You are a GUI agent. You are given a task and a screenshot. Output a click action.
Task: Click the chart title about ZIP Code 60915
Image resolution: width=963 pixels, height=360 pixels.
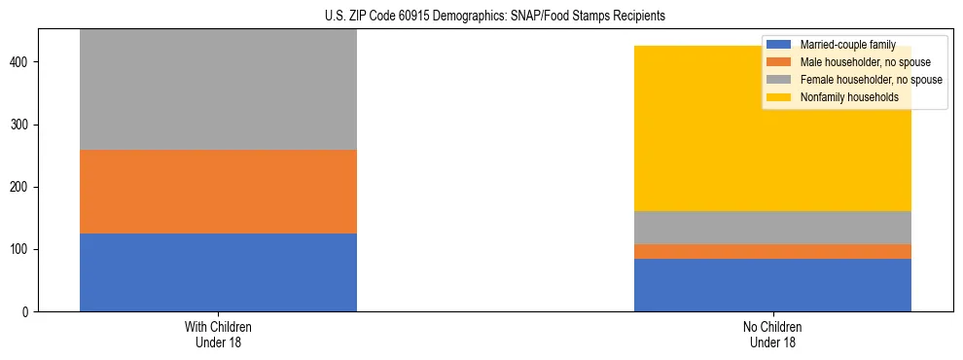(x=495, y=17)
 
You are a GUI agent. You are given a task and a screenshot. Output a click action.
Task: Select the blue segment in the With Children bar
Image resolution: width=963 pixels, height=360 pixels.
(x=218, y=272)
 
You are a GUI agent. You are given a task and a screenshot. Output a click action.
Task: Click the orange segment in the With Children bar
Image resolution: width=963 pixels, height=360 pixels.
(x=218, y=192)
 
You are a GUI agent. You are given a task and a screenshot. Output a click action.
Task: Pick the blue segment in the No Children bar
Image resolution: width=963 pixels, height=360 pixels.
(x=772, y=285)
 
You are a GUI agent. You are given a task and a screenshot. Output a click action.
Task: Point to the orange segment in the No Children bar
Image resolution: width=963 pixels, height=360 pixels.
(x=772, y=251)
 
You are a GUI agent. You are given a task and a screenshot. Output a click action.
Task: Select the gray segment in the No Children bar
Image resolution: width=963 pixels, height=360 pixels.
(x=772, y=228)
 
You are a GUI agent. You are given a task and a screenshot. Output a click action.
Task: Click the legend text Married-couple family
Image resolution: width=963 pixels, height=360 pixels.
(x=847, y=45)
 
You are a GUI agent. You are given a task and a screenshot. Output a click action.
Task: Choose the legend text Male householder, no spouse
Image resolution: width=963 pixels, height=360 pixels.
(x=860, y=62)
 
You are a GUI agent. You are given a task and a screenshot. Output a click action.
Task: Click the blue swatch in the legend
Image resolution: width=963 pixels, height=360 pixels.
(x=779, y=45)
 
